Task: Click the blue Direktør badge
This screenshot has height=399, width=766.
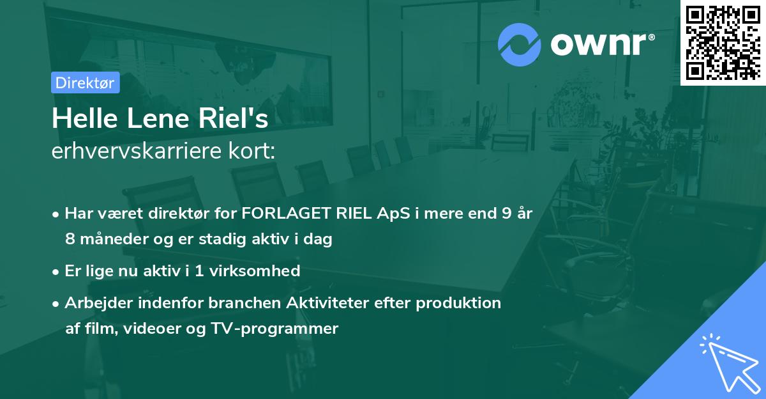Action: click(x=85, y=82)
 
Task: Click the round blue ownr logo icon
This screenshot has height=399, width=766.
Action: click(x=520, y=44)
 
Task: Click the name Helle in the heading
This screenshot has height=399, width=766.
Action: click(x=80, y=120)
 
